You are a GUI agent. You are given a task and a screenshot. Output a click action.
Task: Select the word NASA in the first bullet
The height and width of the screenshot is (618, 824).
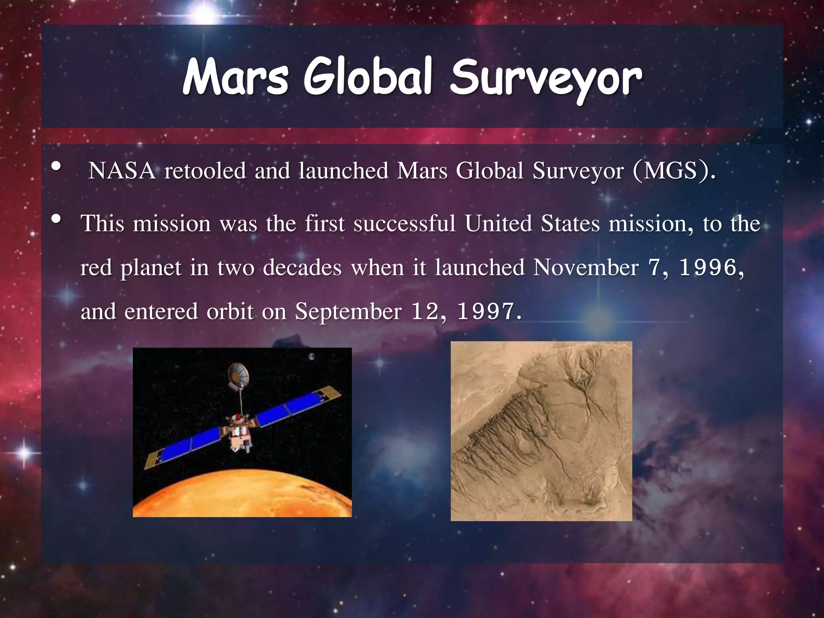(x=122, y=171)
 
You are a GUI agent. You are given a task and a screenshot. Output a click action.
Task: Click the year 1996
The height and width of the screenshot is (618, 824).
(x=708, y=268)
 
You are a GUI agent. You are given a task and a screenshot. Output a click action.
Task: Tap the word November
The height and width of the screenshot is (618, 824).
(x=585, y=268)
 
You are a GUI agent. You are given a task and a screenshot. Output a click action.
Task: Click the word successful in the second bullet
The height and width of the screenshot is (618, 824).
(x=404, y=224)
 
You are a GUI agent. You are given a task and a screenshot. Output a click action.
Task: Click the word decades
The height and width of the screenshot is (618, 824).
(x=302, y=268)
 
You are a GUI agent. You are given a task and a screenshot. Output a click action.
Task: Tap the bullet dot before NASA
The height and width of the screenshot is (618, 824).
(x=56, y=166)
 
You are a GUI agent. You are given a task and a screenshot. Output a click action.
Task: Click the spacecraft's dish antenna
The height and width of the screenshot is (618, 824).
(x=238, y=373)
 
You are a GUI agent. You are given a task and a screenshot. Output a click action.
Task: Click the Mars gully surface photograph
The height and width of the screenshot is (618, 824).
(x=541, y=431)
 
